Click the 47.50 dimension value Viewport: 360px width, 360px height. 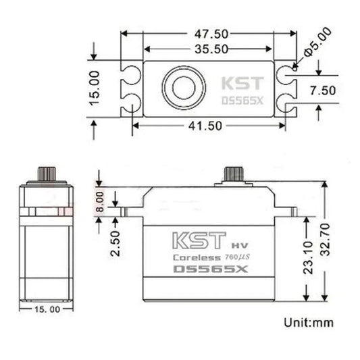coord(209,34)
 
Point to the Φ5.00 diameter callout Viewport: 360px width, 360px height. coord(319,41)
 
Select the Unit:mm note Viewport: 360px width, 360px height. coord(307,322)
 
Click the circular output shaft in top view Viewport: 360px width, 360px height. coord(183,88)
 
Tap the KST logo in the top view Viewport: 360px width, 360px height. coord(240,84)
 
